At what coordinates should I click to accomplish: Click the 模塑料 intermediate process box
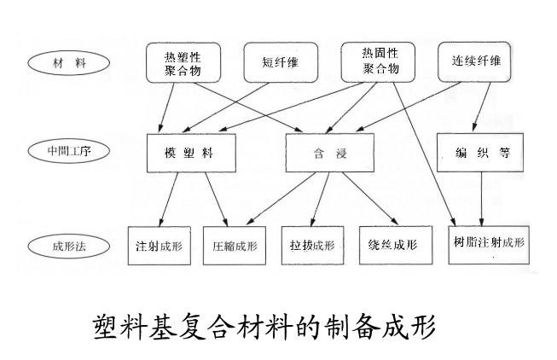click(190, 154)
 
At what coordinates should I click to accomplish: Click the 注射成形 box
click(159, 246)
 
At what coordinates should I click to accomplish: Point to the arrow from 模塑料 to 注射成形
click(171, 200)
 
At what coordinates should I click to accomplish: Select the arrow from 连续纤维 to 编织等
click(486, 107)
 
